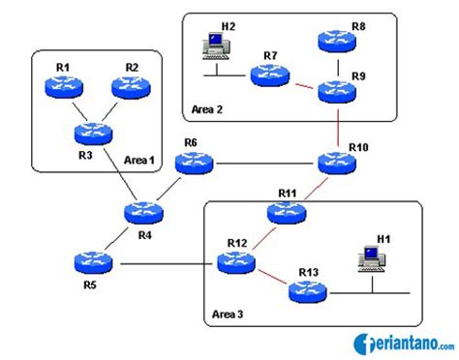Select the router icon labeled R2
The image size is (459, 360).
[133, 87]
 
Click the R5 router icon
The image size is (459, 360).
[93, 261]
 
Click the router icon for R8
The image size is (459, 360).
[337, 43]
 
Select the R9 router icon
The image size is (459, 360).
[337, 90]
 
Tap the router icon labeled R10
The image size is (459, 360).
[337, 164]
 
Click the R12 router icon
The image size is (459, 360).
[237, 259]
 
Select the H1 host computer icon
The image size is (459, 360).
[368, 256]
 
